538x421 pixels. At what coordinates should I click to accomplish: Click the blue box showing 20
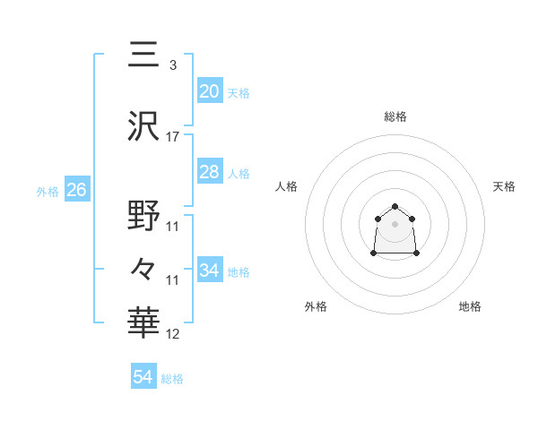click(209, 91)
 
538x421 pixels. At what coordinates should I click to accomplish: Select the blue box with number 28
click(209, 172)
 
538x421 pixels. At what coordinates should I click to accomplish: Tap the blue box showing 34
click(209, 271)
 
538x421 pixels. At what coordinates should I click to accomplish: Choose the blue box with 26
click(76, 190)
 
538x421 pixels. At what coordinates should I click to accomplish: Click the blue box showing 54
click(143, 378)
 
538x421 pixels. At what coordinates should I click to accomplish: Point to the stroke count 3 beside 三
click(172, 65)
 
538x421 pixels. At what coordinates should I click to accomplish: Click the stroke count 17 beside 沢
click(173, 137)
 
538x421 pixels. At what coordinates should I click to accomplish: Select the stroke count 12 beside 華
click(173, 334)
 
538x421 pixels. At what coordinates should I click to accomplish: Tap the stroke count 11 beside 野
click(173, 227)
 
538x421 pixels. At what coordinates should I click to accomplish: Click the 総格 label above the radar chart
click(395, 116)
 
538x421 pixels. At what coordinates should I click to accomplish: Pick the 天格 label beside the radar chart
click(505, 186)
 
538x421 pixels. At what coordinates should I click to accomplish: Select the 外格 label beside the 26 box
click(48, 191)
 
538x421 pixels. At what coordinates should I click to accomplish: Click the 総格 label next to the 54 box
click(172, 379)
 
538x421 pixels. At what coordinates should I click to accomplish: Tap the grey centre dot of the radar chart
click(395, 223)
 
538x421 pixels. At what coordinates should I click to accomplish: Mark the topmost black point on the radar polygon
click(395, 206)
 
